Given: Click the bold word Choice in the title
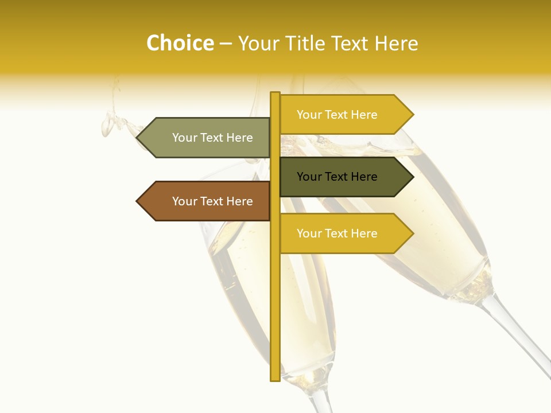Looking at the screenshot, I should (x=180, y=44).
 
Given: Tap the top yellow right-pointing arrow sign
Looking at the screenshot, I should (x=344, y=114).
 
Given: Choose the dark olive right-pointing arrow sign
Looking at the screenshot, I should (x=344, y=177).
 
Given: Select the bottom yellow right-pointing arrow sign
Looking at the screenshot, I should (x=344, y=233).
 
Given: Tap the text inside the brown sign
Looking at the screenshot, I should (x=212, y=201).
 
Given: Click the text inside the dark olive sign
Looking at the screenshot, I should (x=337, y=177).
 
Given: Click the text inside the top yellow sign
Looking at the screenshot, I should (x=337, y=115).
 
